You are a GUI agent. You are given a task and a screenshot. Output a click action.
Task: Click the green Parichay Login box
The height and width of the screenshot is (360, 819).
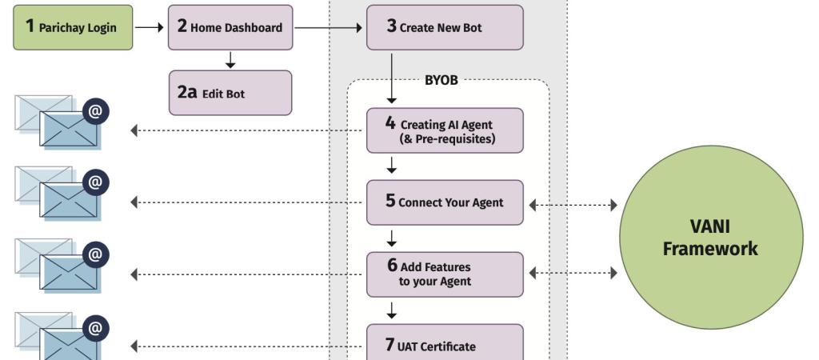pyautogui.click(x=73, y=28)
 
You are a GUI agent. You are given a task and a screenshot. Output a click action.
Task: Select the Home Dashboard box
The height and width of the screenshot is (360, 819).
pyautogui.click(x=230, y=28)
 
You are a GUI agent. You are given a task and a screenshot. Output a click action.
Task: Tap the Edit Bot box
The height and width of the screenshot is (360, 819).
pyautogui.click(x=230, y=93)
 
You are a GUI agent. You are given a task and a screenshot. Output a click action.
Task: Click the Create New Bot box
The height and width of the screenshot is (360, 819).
pyautogui.click(x=445, y=28)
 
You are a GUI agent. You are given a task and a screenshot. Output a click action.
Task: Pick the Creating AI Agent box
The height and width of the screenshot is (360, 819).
pyautogui.click(x=445, y=130)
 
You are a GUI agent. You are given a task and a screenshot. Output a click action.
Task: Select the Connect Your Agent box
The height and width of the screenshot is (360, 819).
pyautogui.click(x=445, y=202)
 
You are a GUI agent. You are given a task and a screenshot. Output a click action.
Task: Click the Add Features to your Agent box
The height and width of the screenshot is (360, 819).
pyautogui.click(x=445, y=275)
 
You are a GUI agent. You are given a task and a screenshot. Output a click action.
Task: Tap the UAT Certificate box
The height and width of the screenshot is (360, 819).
pyautogui.click(x=445, y=342)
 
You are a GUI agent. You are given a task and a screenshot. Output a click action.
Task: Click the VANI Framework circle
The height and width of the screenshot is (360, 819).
pyautogui.click(x=711, y=238)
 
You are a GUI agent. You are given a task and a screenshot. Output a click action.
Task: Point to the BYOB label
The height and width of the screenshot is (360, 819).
pyautogui.click(x=441, y=81)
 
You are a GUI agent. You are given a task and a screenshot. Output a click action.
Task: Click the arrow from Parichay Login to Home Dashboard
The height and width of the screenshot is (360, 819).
pyautogui.click(x=150, y=28)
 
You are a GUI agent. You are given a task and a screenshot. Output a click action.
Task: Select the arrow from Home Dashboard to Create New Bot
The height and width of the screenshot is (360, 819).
pyautogui.click(x=329, y=28)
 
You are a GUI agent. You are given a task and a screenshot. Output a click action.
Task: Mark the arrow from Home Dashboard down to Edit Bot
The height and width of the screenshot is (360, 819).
pyautogui.click(x=230, y=59)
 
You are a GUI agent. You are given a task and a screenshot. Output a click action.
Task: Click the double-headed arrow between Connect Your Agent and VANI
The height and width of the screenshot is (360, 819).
pyautogui.click(x=573, y=206)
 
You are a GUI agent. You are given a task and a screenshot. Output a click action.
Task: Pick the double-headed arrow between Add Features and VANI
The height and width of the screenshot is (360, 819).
pyautogui.click(x=573, y=273)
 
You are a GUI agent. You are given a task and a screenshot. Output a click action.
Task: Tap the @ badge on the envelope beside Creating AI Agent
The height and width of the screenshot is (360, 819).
pyautogui.click(x=96, y=111)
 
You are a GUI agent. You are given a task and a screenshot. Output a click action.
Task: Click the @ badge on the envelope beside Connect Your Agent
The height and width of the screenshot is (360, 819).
pyautogui.click(x=96, y=183)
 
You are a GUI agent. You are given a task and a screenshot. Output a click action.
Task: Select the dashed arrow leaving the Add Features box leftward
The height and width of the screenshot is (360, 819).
pyautogui.click(x=246, y=274)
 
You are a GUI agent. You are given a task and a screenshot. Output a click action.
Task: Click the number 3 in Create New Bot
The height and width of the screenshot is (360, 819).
pyautogui.click(x=392, y=26)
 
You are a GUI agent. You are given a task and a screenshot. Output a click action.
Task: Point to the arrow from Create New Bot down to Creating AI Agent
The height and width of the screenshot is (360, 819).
pyautogui.click(x=391, y=78)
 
